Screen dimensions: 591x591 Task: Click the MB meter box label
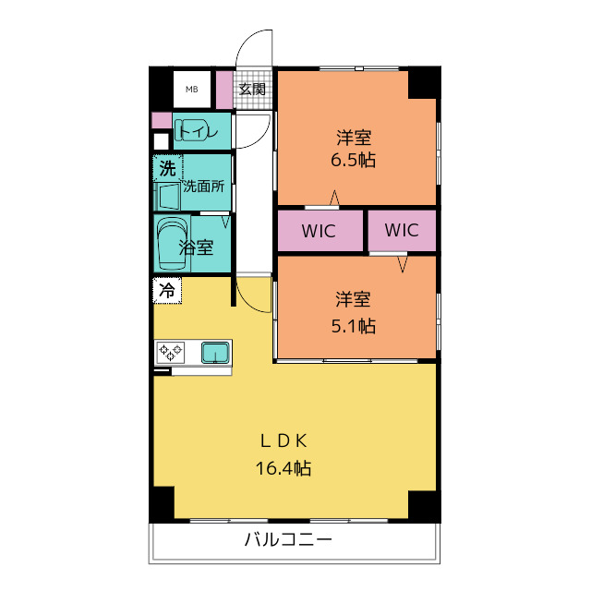[192, 90]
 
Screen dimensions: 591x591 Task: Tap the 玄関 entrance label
[252, 90]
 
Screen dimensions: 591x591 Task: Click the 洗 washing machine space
[167, 169]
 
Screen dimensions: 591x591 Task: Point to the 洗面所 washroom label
[203, 186]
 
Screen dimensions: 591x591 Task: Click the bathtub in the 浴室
[172, 243]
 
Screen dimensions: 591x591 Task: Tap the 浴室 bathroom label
[197, 247]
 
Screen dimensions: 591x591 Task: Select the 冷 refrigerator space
[167, 290]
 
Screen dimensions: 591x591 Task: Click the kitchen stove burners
[172, 352]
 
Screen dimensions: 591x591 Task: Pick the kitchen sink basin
[215, 352]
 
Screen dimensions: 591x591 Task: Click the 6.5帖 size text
[354, 160]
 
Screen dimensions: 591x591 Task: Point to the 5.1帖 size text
[354, 325]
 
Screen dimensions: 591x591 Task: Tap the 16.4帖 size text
[283, 468]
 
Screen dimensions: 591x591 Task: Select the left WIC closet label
[319, 230]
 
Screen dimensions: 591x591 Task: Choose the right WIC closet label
[402, 230]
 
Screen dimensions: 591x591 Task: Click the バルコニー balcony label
[287, 539]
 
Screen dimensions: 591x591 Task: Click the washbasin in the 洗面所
[169, 197]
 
